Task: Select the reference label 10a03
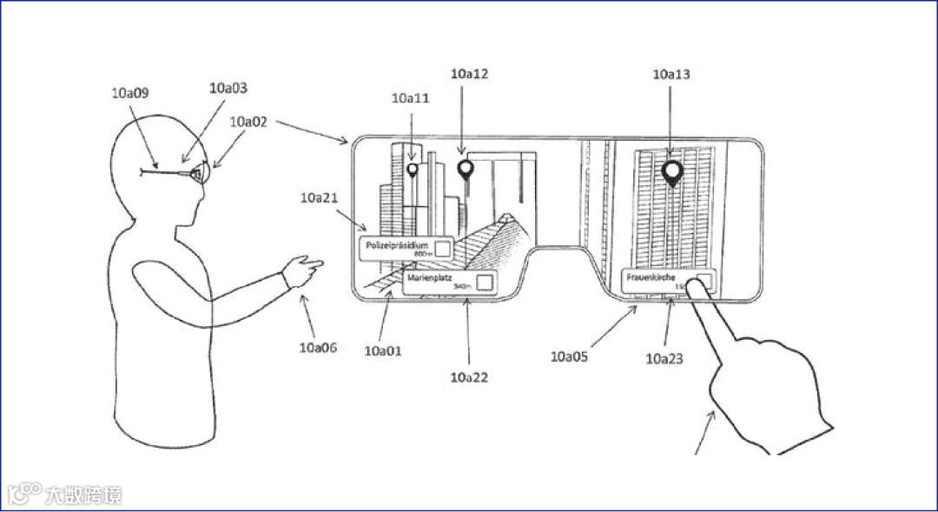point(228,89)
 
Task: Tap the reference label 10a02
point(248,123)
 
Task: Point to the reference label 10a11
point(411,99)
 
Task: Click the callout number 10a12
point(469,74)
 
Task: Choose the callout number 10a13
point(671,75)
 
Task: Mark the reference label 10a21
point(319,199)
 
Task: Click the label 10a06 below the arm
point(318,348)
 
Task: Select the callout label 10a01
point(382,351)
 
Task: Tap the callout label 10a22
point(469,377)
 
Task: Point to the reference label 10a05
point(569,356)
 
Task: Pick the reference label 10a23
point(664,357)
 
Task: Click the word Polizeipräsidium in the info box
point(397,246)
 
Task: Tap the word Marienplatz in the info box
point(431,277)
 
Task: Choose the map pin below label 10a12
point(466,170)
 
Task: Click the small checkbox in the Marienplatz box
point(484,282)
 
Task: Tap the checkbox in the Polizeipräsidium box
point(443,249)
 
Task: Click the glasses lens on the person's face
point(200,175)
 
